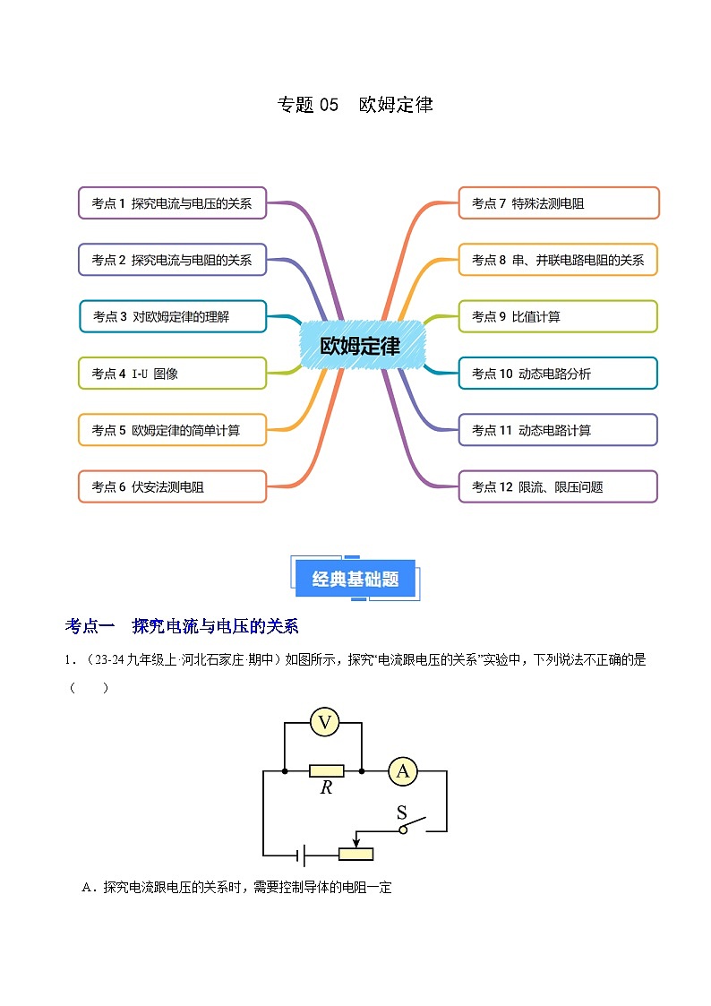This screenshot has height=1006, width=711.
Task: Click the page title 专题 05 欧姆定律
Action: (x=355, y=105)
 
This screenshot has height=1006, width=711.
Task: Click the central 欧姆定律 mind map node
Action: (x=360, y=345)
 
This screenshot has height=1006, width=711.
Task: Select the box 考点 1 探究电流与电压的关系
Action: (x=172, y=203)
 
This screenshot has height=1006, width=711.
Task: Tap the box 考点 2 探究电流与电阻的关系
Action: (x=172, y=260)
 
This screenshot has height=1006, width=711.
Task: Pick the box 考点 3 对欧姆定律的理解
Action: (x=172, y=316)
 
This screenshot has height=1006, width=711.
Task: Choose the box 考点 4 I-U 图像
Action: (x=172, y=374)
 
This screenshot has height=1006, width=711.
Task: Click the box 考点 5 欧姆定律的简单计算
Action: (x=172, y=430)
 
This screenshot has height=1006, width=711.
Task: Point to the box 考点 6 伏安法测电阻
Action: (x=172, y=486)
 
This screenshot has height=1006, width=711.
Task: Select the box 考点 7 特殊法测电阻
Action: (x=559, y=203)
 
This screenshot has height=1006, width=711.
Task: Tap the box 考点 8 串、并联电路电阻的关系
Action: (x=559, y=260)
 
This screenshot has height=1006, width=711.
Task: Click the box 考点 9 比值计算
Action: (x=559, y=316)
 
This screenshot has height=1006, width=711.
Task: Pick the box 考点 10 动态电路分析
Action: (x=559, y=374)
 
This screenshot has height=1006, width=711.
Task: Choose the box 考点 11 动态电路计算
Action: (x=559, y=430)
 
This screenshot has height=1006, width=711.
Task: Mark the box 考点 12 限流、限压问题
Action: (x=559, y=486)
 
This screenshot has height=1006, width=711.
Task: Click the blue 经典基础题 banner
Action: (x=355, y=580)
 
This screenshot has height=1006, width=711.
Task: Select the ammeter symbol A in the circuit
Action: (x=403, y=770)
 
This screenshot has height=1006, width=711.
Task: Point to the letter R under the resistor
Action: (x=326, y=788)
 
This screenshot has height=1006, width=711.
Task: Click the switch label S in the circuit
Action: (x=402, y=813)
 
